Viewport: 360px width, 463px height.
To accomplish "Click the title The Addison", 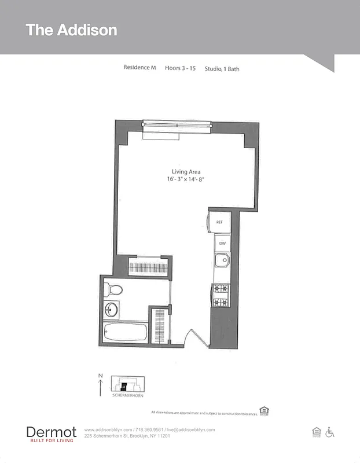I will [x=71, y=30].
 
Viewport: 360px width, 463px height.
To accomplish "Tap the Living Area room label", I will [x=186, y=171].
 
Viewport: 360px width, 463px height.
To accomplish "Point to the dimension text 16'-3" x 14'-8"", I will [x=185, y=179].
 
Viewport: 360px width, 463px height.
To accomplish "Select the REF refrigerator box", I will [x=220, y=222].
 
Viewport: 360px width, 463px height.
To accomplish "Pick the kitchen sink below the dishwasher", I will [x=222, y=261].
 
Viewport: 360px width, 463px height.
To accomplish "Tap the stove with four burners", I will [x=221, y=295].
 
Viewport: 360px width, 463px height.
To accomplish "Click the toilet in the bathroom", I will [x=114, y=289].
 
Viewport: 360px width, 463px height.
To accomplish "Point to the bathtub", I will [x=125, y=333].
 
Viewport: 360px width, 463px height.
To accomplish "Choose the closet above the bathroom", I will [x=148, y=268].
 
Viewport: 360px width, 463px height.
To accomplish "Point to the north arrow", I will [x=100, y=384].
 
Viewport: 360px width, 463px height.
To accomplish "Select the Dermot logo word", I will [x=52, y=431].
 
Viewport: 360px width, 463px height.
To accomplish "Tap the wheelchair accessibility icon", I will [x=330, y=432].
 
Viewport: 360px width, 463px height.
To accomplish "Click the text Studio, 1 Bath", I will [x=222, y=69].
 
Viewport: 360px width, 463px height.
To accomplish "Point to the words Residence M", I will [x=139, y=68].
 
